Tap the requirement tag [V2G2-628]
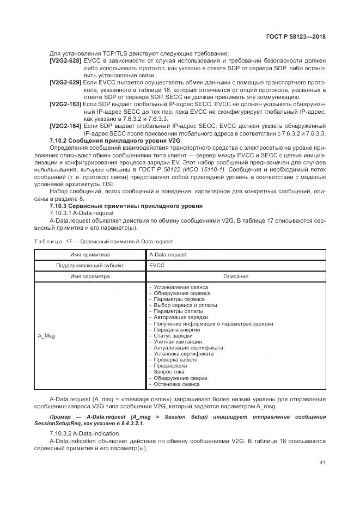tap(65, 60)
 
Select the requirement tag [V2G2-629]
tap(65, 82)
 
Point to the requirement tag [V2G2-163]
tap(65, 103)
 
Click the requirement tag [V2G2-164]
tap(65, 125)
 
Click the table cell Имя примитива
tap(90, 254)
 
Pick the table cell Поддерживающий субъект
tap(90, 265)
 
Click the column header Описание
tap(235, 276)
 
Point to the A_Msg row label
tap(46, 335)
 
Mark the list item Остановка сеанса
tap(174, 384)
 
